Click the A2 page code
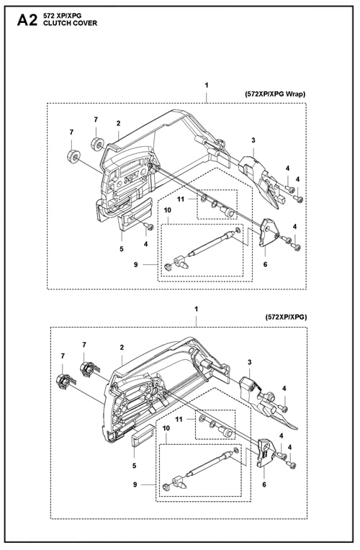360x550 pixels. point(27,20)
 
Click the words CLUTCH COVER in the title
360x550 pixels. point(70,23)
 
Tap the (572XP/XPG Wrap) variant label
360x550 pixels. point(274,94)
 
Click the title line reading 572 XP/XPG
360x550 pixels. point(62,16)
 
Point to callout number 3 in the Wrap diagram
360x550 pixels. point(253,140)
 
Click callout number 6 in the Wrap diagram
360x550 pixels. point(265,264)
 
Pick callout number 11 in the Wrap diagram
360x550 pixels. point(181,199)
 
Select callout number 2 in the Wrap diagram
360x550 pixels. point(119,123)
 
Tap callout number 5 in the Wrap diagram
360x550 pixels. point(122,249)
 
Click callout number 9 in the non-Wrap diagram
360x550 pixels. point(135,484)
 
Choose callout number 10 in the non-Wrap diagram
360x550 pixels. point(166,428)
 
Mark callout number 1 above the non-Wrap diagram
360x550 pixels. point(197,309)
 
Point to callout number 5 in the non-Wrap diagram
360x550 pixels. point(135,466)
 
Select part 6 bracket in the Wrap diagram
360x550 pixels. point(269,233)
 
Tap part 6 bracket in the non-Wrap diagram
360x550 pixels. point(266,453)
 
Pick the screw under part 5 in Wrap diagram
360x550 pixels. point(150,227)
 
